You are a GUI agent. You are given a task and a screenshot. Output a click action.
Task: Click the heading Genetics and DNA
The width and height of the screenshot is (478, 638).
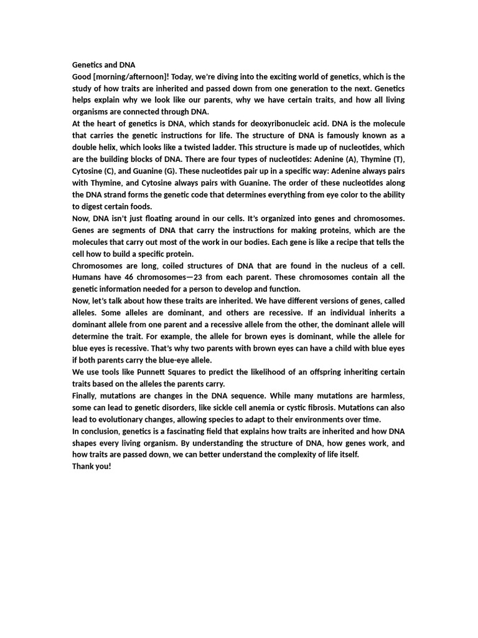(x=103, y=65)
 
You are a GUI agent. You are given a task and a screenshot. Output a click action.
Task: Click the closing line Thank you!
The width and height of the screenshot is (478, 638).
(x=91, y=467)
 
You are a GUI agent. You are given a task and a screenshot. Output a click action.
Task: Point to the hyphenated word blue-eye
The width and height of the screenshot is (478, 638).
(x=172, y=360)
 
